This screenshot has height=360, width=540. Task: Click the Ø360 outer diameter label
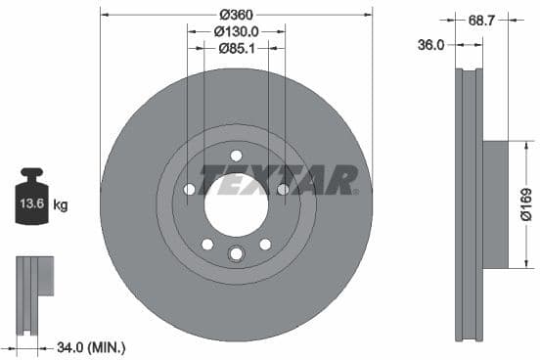(236, 15)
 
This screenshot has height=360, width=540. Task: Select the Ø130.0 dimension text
(236, 32)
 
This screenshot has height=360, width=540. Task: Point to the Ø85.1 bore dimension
(236, 49)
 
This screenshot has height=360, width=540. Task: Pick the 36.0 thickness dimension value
(431, 45)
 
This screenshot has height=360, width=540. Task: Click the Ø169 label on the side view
(524, 204)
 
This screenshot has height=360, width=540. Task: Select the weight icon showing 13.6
(31, 201)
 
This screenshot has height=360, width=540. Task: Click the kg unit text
(61, 205)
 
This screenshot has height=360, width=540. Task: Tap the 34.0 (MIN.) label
(92, 346)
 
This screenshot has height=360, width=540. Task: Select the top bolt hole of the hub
(236, 156)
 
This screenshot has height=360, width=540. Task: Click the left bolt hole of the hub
(190, 189)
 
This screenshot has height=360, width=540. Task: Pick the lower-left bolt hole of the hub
(207, 244)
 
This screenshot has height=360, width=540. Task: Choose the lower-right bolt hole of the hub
(264, 244)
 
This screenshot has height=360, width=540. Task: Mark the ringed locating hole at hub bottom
(236, 254)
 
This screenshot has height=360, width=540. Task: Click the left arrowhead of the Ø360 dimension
(104, 15)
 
